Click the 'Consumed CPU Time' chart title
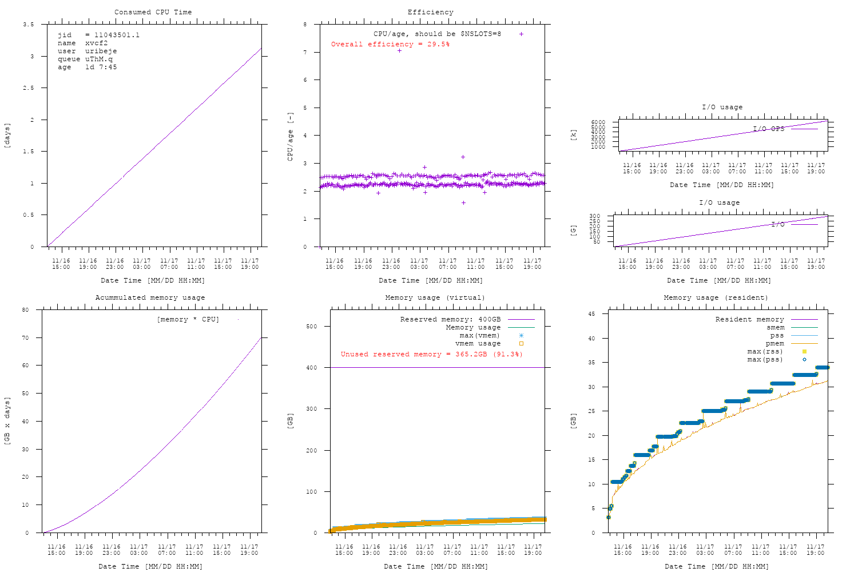(x=153, y=12)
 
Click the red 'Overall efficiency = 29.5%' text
(x=390, y=44)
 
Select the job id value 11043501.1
(x=117, y=35)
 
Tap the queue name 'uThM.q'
(x=99, y=59)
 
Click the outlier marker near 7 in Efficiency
(x=399, y=50)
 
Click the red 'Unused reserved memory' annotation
(x=431, y=354)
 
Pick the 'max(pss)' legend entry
(x=765, y=359)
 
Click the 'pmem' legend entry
(x=774, y=343)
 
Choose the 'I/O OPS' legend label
(x=768, y=129)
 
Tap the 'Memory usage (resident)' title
(x=716, y=297)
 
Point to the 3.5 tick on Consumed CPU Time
(x=29, y=25)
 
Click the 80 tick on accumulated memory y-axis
(x=25, y=310)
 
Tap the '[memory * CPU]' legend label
(x=188, y=319)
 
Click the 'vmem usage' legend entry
(x=478, y=343)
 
